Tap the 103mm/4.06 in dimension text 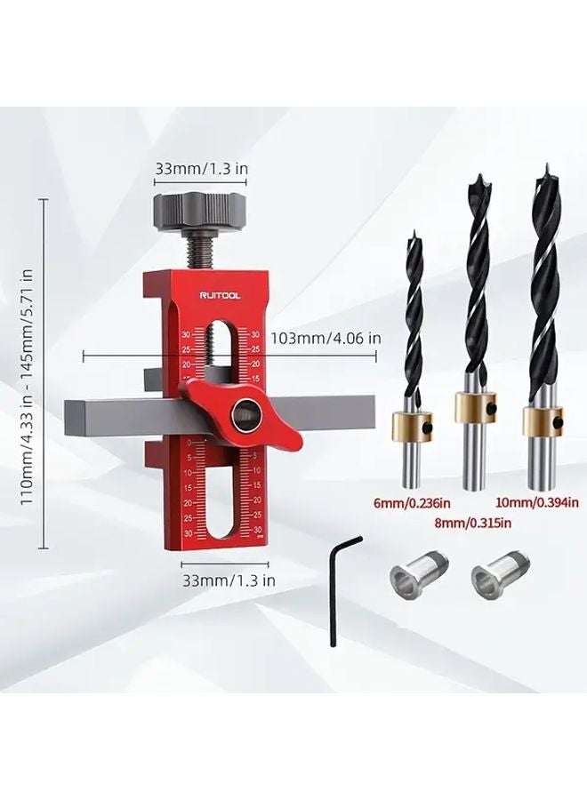coord(326,338)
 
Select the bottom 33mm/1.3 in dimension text coord(229,578)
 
